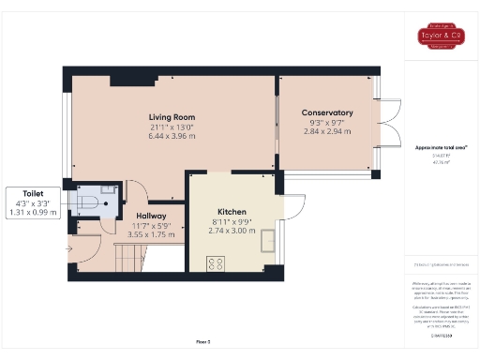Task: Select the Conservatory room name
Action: [x=328, y=112]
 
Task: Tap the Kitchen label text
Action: [x=232, y=212]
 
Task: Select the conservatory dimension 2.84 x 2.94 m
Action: [x=328, y=132]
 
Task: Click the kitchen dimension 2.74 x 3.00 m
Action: [x=232, y=231]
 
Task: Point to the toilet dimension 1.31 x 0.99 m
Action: [x=34, y=213]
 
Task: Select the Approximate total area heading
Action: [x=440, y=148]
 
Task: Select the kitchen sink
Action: [x=269, y=241]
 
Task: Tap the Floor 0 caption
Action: [x=202, y=341]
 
